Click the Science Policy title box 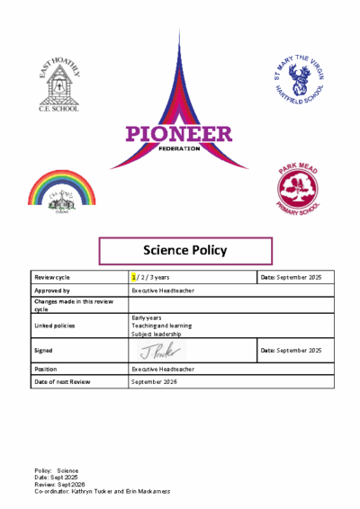click(x=184, y=250)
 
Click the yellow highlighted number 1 click(x=133, y=278)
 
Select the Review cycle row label click(x=53, y=278)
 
